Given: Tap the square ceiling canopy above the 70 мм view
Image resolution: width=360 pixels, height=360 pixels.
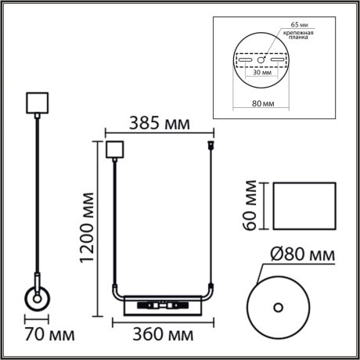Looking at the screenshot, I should coord(38,103).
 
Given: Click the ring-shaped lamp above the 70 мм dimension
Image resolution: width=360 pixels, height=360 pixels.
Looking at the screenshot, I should coord(37,299).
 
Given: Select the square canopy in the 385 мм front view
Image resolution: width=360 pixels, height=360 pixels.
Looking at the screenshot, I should coord(114,148).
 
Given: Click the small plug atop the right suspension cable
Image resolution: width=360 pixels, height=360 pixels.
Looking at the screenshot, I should coord(211,146).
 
